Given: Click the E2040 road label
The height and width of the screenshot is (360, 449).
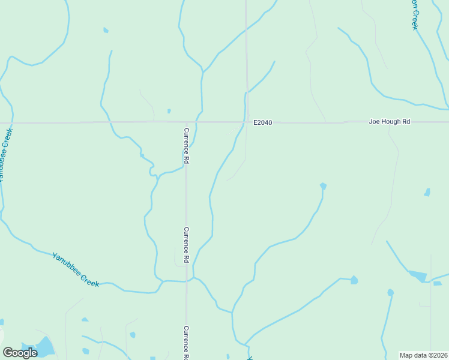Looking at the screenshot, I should tap(262, 122).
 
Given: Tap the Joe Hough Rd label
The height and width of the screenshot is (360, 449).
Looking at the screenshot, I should tap(389, 122).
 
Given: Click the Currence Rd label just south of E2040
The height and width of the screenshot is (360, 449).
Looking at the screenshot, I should tap(187, 146).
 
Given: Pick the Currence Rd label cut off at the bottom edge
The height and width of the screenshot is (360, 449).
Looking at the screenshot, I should tap(187, 343).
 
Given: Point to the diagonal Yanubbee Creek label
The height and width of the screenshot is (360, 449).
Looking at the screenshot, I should tap(76, 269).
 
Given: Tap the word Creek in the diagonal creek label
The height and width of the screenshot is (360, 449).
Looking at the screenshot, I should tap(89, 279).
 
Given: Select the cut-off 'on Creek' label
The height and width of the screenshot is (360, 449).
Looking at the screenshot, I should tap(414, 14).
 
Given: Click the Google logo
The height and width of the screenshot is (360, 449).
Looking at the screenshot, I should tap(20, 353).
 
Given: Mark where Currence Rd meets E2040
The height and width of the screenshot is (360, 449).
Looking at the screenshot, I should tap(185, 122).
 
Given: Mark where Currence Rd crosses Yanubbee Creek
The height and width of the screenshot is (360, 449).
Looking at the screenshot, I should tap(186, 280).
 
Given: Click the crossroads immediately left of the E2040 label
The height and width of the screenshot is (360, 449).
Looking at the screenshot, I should tap(246, 122).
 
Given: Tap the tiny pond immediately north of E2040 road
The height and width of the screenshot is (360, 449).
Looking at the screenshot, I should tap(169, 111).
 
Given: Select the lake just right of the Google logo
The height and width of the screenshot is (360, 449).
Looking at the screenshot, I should tap(45, 346).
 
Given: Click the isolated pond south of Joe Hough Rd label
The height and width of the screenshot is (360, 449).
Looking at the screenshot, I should tap(427, 193).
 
